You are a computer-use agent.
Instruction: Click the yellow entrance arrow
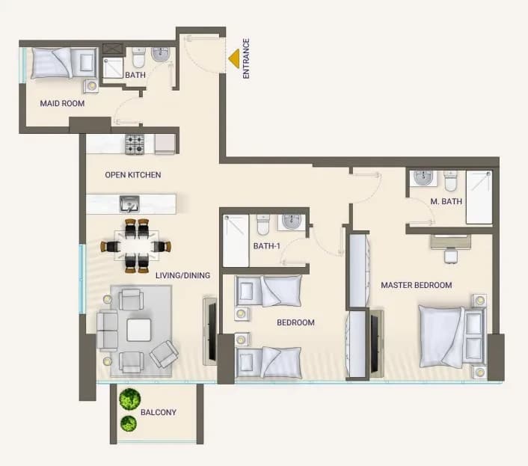pos(235,58)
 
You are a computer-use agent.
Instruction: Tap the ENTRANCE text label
pos(246,58)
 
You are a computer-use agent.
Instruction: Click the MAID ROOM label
pos(62,103)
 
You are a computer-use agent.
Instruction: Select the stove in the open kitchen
pos(135,144)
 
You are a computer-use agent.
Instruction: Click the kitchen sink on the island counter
pos(129,203)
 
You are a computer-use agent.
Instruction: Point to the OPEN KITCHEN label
pos(133,175)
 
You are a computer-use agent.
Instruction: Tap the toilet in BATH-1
pos(263,224)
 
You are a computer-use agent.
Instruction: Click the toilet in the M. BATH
pos(450,181)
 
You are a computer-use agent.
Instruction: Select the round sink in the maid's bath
pos(160,55)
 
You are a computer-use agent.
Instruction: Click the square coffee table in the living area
pos(139,330)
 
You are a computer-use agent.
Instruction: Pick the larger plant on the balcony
pos(129,399)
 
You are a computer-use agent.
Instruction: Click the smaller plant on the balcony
pos(129,423)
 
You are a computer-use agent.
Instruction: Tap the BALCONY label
pos(159,412)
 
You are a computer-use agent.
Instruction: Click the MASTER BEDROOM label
pos(417,285)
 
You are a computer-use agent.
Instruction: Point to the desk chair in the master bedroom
pos(450,256)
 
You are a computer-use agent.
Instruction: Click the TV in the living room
pos(212,331)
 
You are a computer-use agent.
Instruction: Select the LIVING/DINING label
pos(182,275)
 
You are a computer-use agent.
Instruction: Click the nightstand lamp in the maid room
pos(91,86)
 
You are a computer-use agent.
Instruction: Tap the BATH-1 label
pos(267,246)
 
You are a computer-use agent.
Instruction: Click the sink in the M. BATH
pos(423,178)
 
